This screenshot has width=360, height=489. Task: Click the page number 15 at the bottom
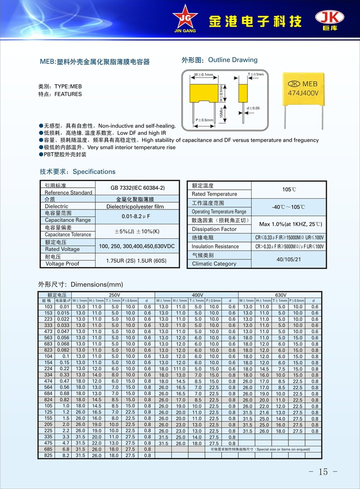[323, 471]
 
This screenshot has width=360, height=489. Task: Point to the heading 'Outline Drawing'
[233, 60]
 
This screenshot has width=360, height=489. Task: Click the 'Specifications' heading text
[94, 171]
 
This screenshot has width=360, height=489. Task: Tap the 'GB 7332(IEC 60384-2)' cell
[137, 188]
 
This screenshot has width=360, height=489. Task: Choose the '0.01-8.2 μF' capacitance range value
[137, 216]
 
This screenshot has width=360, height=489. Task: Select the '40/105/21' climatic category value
[289, 260]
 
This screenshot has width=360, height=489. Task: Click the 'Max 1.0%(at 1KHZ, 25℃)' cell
[289, 224]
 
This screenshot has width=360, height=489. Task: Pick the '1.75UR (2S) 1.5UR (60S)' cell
[137, 260]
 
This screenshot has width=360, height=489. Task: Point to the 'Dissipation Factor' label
[214, 229]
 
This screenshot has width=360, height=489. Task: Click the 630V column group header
[280, 295]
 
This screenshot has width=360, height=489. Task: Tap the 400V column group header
[197, 295]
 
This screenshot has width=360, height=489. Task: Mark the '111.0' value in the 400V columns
[180, 369]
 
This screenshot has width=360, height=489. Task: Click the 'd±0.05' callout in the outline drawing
[252, 108]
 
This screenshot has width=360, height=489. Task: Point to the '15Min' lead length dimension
[221, 114]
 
